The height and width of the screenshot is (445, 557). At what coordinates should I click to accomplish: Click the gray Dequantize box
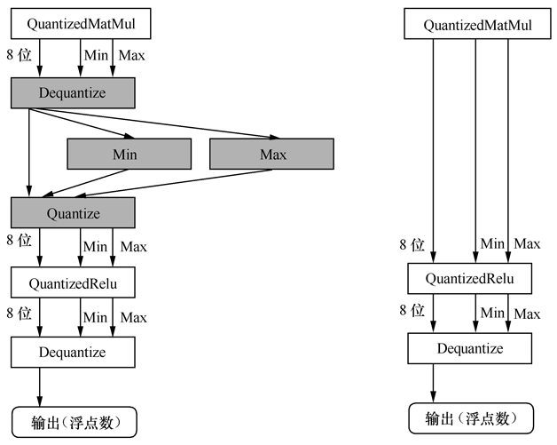pyautogui.click(x=73, y=92)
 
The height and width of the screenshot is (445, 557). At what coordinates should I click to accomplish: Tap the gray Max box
pyautogui.click(x=271, y=155)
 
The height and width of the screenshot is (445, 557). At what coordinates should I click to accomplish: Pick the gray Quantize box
pyautogui.click(x=73, y=213)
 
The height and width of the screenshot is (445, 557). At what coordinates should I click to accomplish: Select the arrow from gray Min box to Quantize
pyautogui.click(x=84, y=183)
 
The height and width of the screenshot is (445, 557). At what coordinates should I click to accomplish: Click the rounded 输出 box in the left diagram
pyautogui.click(x=74, y=421)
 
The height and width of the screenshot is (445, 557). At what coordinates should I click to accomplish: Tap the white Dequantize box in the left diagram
pyautogui.click(x=73, y=352)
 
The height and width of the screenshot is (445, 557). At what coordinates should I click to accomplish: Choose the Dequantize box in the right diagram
pyautogui.click(x=470, y=348)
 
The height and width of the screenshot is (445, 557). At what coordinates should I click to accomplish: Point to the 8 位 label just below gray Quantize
pyautogui.click(x=19, y=241)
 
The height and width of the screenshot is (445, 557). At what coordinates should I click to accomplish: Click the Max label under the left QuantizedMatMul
pyautogui.click(x=132, y=56)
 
